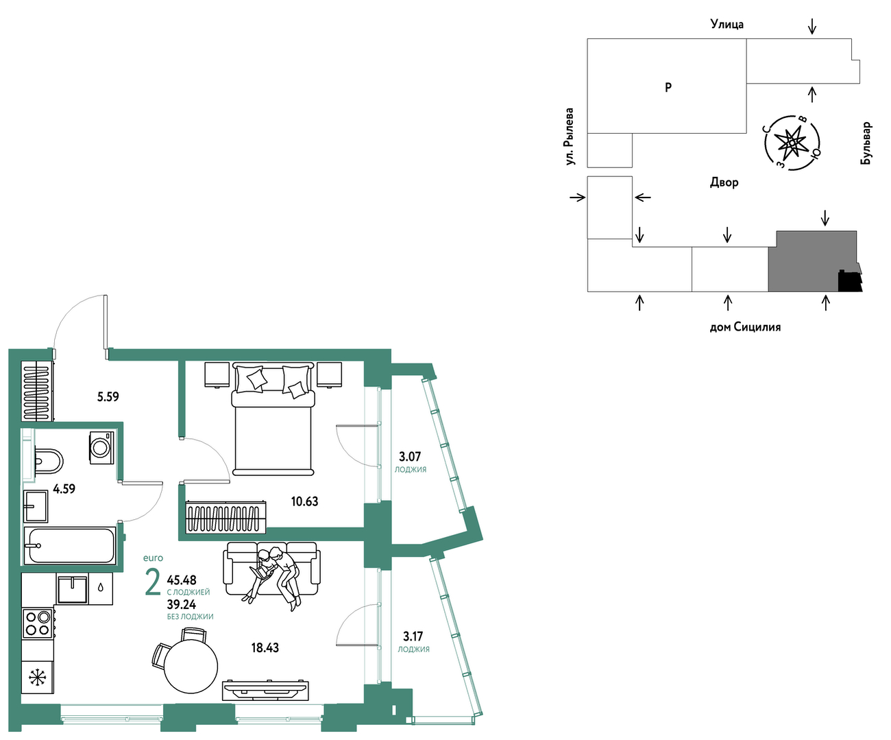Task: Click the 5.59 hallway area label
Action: click(108, 397)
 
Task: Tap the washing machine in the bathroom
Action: click(101, 448)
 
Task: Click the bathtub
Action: click(69, 546)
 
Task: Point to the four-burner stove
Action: click(38, 623)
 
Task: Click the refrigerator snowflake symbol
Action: click(38, 678)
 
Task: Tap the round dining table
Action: click(191, 667)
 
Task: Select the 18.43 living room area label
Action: click(265, 648)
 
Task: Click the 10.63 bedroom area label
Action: click(305, 501)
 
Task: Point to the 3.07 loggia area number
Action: click(410, 457)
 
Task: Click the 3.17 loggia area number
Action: click(413, 636)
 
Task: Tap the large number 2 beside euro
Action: click(153, 582)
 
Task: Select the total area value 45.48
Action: click(182, 580)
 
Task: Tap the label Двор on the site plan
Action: click(724, 182)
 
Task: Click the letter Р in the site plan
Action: click(668, 87)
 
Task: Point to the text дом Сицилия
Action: click(745, 328)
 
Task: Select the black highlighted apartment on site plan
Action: click(850, 281)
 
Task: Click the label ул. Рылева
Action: click(570, 136)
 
